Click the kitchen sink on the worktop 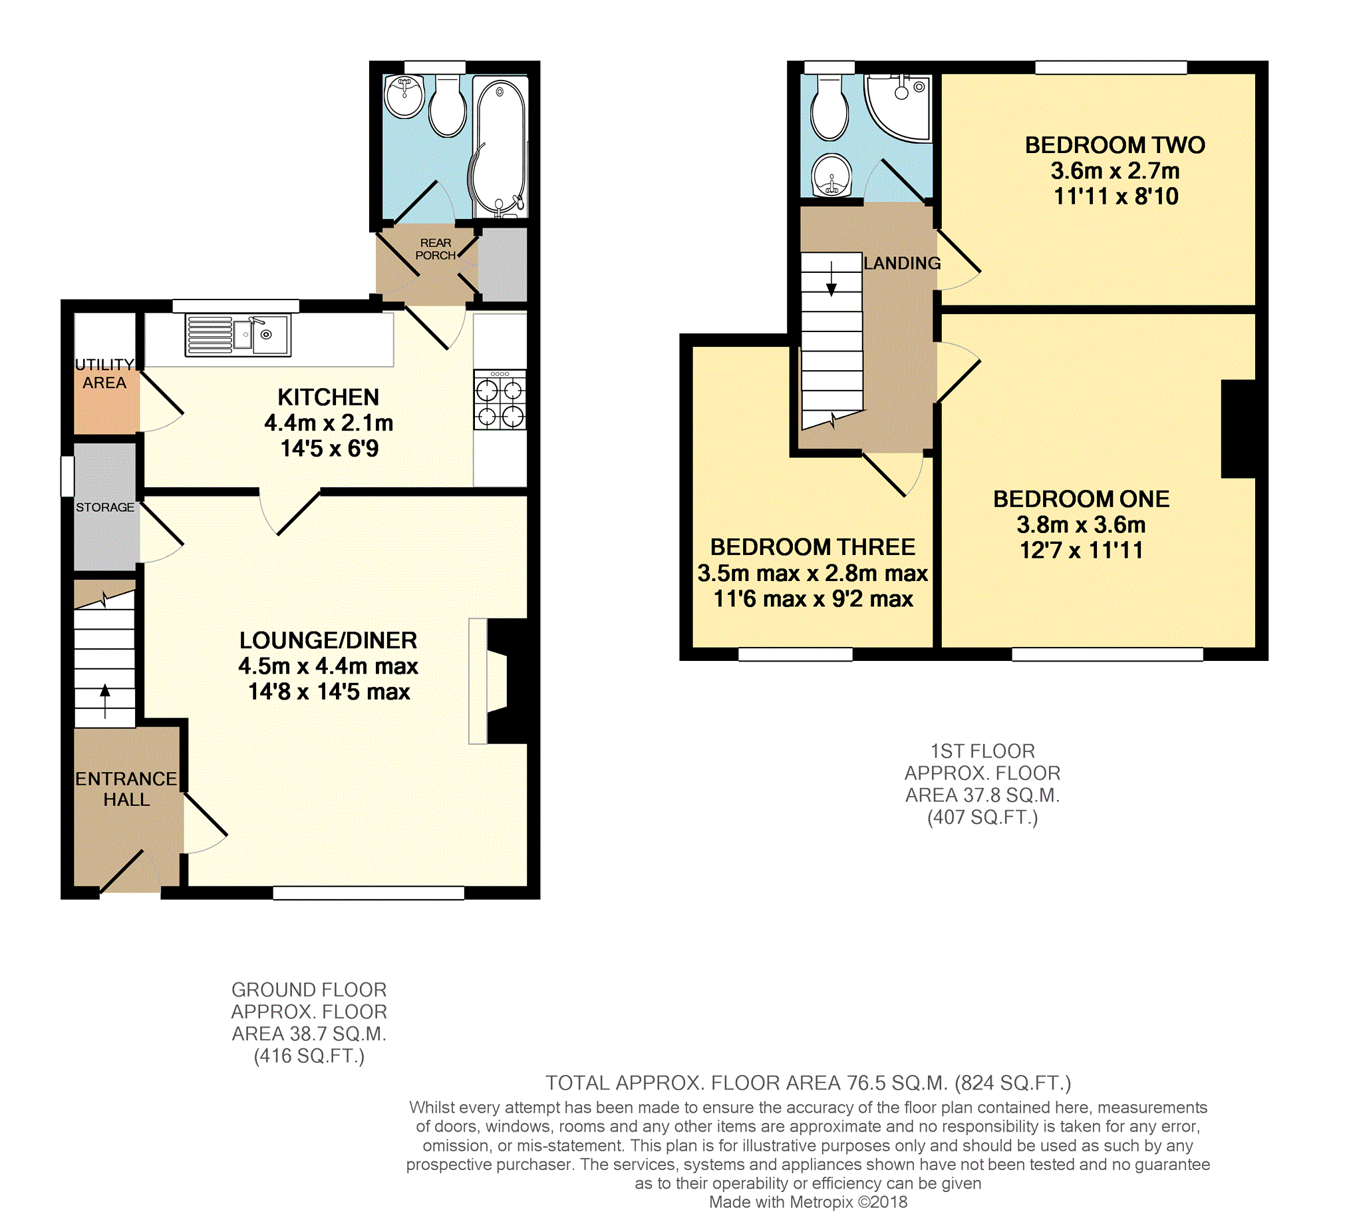(x=238, y=335)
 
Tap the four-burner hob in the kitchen (x=500, y=399)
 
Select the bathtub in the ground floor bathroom (x=500, y=147)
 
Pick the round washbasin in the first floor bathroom (x=832, y=176)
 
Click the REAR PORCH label (x=436, y=250)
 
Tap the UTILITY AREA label (x=105, y=373)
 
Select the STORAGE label (x=105, y=507)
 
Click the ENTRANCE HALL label (x=126, y=789)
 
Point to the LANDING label (x=902, y=264)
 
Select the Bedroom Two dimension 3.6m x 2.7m (x=1115, y=171)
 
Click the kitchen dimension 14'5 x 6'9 (x=329, y=449)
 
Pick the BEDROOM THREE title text (x=812, y=548)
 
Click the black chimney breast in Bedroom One (x=1238, y=429)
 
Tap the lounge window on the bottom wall (x=368, y=893)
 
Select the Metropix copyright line (x=808, y=1203)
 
